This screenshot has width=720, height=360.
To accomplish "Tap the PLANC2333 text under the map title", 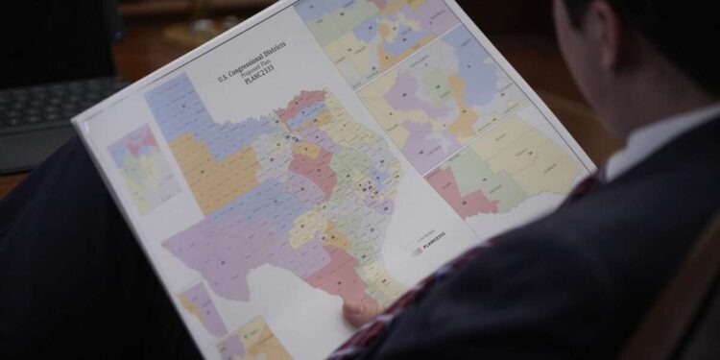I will pyautogui.click(x=252, y=91).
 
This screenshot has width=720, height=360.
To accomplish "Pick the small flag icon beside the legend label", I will pyautogui.click(x=417, y=252).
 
